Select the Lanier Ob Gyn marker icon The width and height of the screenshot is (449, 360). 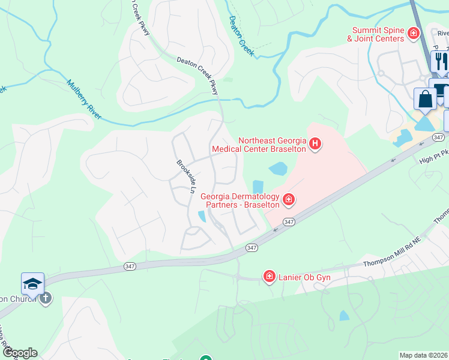pyautogui.click(x=270, y=276)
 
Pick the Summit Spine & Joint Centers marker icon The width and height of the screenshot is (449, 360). pyautogui.click(x=413, y=34)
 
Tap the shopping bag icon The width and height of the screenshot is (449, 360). pyautogui.click(x=426, y=98)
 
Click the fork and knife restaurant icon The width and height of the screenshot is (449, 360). pyautogui.click(x=440, y=60)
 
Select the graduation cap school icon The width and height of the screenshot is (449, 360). pyautogui.click(x=32, y=283)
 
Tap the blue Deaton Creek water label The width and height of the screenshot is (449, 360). pyautogui.click(x=242, y=37)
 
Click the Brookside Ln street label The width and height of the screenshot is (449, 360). pyautogui.click(x=186, y=176)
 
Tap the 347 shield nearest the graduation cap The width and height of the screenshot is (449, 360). pyautogui.click(x=130, y=266)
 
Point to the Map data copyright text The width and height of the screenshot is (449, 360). pyautogui.click(x=423, y=355)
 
